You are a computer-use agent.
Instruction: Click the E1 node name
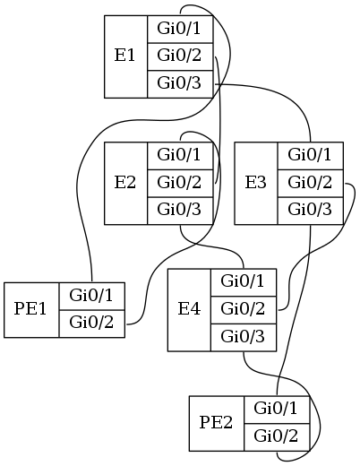point(124,56)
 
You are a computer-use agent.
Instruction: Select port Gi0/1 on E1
point(180,29)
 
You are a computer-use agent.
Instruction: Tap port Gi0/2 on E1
point(180,56)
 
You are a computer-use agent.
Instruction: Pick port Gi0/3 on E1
point(180,84)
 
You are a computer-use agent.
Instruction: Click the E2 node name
point(124,183)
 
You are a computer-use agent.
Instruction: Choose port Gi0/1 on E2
point(180,156)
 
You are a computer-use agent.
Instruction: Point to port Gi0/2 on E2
point(180,183)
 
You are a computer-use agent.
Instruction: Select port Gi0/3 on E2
point(180,211)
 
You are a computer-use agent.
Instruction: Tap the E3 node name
point(255,183)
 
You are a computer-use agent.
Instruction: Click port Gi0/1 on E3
point(311,156)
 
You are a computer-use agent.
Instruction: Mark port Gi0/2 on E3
point(311,183)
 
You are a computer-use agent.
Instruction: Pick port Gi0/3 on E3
point(311,211)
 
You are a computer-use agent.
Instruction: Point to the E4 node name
point(189,309)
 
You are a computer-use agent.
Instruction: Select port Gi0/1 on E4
point(244,282)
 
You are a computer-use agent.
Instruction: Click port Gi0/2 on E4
point(244,310)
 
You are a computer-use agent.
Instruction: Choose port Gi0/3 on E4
point(244,338)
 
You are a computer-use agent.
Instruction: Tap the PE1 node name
point(30,309)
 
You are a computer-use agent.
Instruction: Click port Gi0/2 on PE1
point(92,324)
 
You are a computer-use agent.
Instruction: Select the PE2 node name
point(216,423)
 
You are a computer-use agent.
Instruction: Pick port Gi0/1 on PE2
point(277,410)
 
